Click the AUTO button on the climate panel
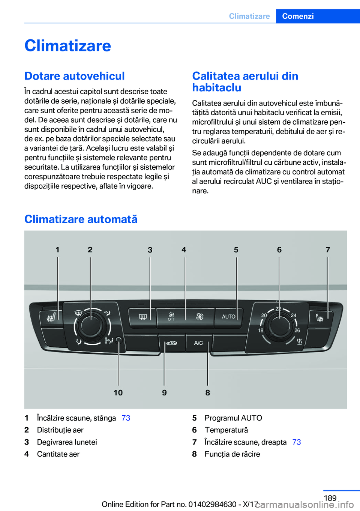click(228, 317)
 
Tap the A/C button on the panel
click(198, 343)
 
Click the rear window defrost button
click(142, 317)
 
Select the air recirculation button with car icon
click(172, 343)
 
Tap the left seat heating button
click(51, 318)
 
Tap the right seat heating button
click(319, 318)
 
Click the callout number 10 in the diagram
click(118, 392)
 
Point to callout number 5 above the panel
click(236, 250)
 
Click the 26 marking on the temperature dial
click(297, 331)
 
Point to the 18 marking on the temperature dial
click(261, 331)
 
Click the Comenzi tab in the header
click(298, 16)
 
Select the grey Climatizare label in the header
click(249, 16)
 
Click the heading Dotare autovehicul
click(75, 76)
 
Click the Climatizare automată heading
click(81, 219)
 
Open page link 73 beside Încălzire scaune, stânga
click(126, 418)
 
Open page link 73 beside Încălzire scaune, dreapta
click(297, 442)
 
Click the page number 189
click(330, 498)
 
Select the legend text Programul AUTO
click(233, 418)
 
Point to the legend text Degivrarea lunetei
click(67, 442)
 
